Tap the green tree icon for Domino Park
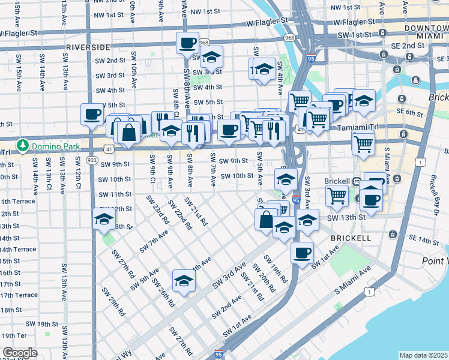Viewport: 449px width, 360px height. click(x=23, y=145)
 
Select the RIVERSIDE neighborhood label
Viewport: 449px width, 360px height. click(x=88, y=47)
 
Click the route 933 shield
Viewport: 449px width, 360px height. click(x=92, y=160)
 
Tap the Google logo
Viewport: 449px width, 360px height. click(x=20, y=353)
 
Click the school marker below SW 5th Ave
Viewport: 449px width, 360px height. click(x=183, y=280)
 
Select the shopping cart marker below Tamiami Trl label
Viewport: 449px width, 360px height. click(x=363, y=143)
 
